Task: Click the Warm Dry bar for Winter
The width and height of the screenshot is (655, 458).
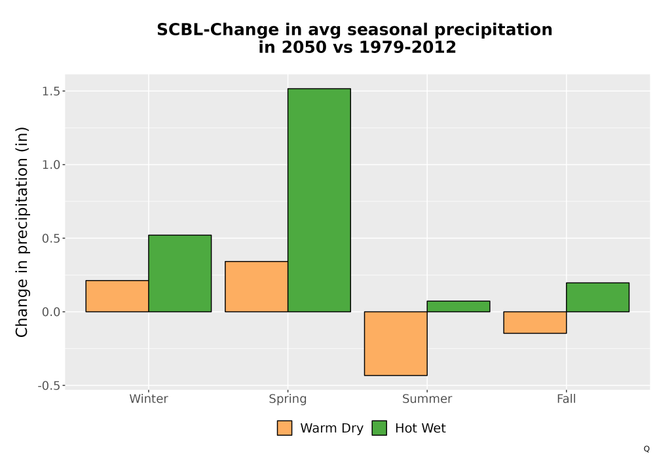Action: tap(117, 296)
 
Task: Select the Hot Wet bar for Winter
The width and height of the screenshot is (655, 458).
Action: tap(180, 273)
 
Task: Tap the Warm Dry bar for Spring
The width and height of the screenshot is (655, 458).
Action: tap(257, 287)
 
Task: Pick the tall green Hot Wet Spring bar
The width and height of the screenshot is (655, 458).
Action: tap(319, 200)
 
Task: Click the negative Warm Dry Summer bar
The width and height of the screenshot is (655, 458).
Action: tap(396, 343)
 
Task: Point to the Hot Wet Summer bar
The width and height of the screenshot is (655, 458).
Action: tap(458, 306)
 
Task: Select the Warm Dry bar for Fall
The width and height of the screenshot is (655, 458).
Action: tap(535, 323)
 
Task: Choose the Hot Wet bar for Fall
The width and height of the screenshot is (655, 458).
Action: tap(598, 297)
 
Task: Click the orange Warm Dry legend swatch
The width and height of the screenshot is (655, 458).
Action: tap(284, 428)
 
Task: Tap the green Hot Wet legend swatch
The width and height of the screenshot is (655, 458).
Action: tap(379, 428)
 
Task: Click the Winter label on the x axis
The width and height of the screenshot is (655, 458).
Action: tap(149, 398)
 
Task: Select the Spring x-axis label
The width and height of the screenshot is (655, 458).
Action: tap(288, 399)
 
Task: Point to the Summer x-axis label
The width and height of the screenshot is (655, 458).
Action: tap(427, 398)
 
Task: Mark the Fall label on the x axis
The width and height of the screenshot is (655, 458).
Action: tap(567, 398)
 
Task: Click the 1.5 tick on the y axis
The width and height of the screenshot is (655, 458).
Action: tap(51, 92)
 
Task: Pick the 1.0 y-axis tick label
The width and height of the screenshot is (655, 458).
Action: tap(51, 165)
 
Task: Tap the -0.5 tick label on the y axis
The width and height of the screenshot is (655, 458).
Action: tap(49, 386)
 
